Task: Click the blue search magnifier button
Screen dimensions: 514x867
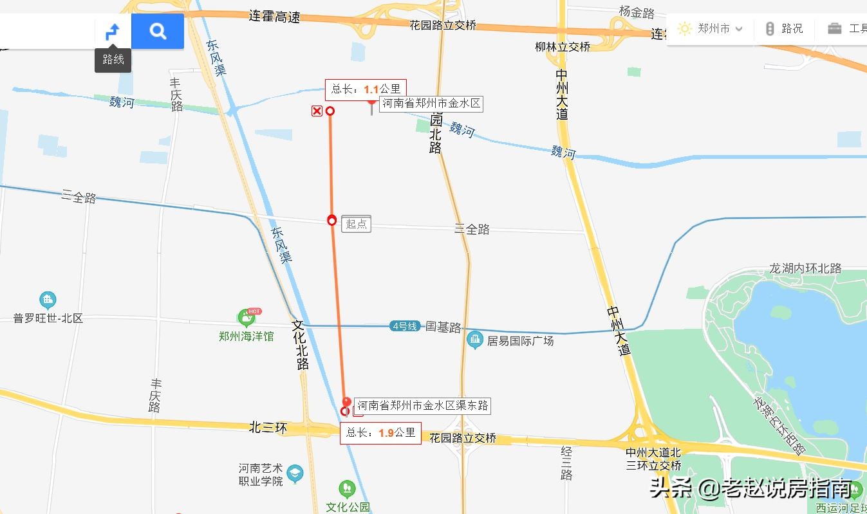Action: [158, 31]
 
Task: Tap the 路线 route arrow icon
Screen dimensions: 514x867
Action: [113, 31]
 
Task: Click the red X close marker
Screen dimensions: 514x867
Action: [317, 111]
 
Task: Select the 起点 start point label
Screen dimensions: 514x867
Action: [356, 224]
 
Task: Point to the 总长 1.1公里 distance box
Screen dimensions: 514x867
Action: [366, 89]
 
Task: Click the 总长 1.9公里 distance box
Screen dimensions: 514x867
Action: [380, 433]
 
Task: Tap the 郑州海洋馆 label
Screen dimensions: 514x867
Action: [246, 336]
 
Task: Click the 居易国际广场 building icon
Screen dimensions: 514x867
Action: [475, 339]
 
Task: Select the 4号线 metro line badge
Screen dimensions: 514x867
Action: [404, 326]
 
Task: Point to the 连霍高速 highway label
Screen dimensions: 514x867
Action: [274, 17]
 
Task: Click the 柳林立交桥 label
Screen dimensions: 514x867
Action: [563, 46]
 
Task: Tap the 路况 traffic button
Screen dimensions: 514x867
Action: [784, 29]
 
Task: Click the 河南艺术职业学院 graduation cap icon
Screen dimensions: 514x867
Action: [295, 474]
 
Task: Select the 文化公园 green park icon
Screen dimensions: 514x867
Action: [347, 489]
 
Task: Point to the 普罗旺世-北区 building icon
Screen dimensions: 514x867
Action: [48, 300]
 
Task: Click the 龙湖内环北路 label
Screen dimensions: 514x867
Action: [805, 268]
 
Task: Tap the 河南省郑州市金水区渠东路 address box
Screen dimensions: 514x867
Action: [422, 405]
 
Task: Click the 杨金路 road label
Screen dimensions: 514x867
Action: [637, 12]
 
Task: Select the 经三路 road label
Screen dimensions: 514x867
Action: [566, 463]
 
